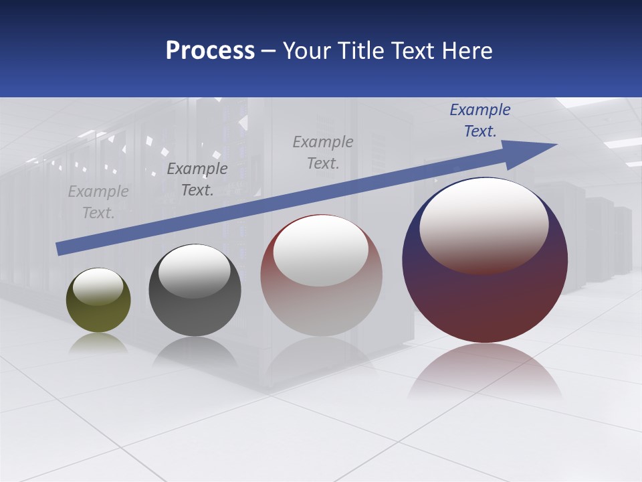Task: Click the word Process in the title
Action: click(x=210, y=51)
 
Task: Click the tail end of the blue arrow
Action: click(x=60, y=248)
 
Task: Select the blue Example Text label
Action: click(x=479, y=120)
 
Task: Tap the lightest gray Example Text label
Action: click(x=98, y=202)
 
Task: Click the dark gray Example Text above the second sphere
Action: click(x=197, y=179)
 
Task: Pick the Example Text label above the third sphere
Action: click(x=323, y=152)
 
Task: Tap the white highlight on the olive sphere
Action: click(x=98, y=287)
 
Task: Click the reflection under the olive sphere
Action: click(x=98, y=343)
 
